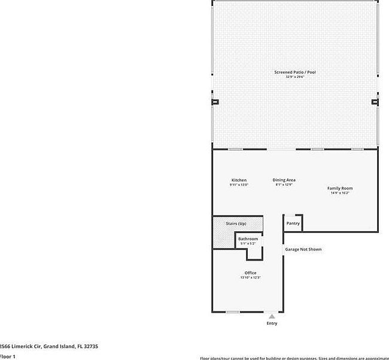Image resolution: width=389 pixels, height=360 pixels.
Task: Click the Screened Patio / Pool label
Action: (294, 72)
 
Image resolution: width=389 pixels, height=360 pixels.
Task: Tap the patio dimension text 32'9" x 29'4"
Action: (294, 77)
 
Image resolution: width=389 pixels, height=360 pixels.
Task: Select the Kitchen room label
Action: (239, 180)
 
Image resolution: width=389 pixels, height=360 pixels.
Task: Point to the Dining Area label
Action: (284, 180)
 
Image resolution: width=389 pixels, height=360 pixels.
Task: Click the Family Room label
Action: (340, 188)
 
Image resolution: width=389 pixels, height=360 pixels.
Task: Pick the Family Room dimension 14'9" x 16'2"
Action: (340, 193)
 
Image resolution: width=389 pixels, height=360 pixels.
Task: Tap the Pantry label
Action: (293, 223)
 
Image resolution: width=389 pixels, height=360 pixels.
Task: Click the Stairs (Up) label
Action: (236, 223)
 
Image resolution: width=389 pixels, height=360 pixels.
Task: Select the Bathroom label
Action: (248, 239)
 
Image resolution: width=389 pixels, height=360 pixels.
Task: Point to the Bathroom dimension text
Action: (248, 243)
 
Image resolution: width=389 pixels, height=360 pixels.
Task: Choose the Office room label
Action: (250, 273)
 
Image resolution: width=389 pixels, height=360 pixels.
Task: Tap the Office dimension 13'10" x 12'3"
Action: (250, 277)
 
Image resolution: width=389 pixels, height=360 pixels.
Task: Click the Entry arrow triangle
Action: (272, 316)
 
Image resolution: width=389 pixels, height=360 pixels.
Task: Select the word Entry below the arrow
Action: (272, 323)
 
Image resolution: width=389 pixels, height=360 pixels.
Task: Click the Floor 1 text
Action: (7, 356)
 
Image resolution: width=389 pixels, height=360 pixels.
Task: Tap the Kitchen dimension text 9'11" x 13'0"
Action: (239, 185)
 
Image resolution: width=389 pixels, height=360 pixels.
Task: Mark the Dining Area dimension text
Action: (284, 185)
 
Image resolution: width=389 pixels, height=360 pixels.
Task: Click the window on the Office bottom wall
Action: (232, 311)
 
